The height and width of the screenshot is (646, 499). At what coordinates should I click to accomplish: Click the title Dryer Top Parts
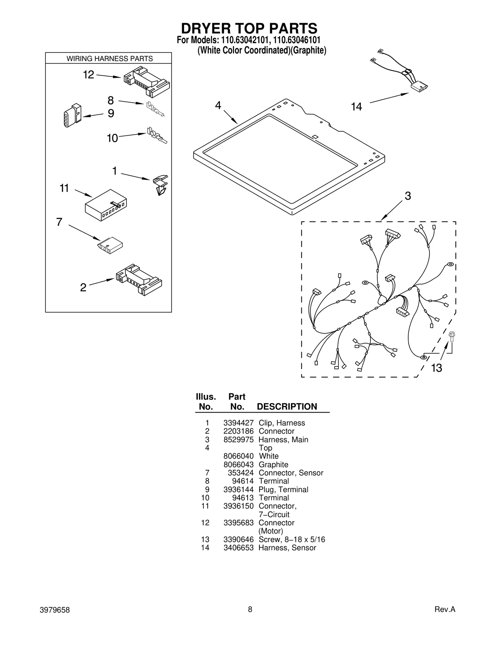[249, 28]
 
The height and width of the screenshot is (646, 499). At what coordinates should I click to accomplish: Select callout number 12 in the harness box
[88, 75]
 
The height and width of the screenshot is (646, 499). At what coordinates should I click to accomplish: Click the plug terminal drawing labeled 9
[72, 115]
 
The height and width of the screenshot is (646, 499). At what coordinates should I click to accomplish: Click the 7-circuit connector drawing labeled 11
[106, 205]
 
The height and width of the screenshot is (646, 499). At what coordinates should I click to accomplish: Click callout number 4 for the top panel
[218, 105]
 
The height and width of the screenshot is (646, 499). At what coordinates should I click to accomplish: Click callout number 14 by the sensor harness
[356, 107]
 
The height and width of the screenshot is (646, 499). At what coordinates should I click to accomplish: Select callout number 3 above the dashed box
[408, 196]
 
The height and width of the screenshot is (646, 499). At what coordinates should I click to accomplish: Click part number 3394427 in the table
[238, 423]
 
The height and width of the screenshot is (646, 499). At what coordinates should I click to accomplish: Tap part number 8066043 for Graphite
[238, 464]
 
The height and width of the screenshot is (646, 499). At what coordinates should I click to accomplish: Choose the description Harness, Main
[283, 440]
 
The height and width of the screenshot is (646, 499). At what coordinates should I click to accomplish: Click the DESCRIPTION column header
[287, 406]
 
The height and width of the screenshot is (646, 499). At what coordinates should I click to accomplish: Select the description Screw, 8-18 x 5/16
[292, 539]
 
